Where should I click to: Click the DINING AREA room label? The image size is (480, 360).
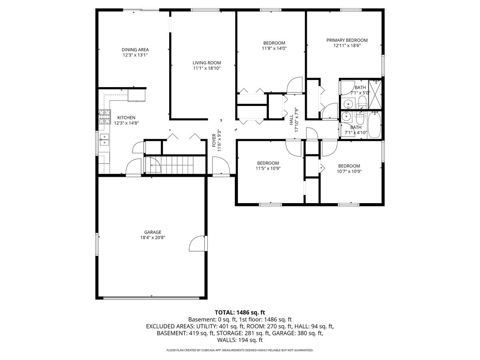click(x=135, y=50)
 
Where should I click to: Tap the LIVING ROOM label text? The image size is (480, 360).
click(x=206, y=63)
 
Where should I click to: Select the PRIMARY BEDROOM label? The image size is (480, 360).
click(x=347, y=40)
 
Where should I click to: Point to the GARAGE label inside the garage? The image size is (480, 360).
click(x=153, y=232)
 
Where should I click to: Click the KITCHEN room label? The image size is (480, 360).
click(x=126, y=118)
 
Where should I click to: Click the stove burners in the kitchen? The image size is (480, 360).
click(x=104, y=116)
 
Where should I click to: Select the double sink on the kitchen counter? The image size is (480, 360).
click(x=104, y=140)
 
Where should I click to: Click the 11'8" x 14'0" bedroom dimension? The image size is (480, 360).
click(x=274, y=48)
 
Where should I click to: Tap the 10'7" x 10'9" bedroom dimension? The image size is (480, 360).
click(x=349, y=171)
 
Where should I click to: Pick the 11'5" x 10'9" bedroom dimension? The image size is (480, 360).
click(x=268, y=168)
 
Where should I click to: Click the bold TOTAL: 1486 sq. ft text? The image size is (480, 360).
click(x=240, y=312)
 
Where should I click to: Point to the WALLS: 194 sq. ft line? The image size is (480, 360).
click(x=240, y=340)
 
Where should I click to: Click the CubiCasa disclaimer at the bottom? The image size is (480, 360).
click(x=240, y=350)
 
